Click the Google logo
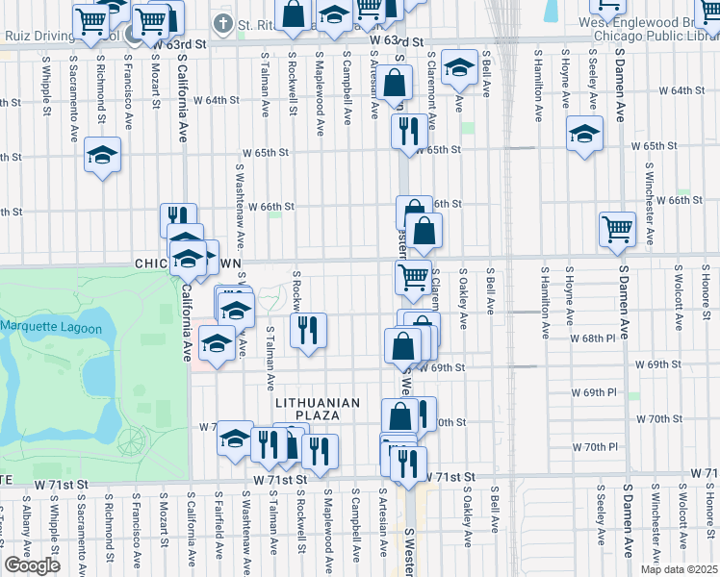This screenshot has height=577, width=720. point(32,565)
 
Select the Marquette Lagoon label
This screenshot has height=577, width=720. point(51,328)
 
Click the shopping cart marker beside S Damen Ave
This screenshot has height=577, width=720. point(617,230)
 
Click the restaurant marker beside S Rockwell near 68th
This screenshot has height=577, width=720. point(308,331)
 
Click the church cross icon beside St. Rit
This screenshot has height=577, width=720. point(223,23)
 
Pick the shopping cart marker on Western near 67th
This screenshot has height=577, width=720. point(413,277)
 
